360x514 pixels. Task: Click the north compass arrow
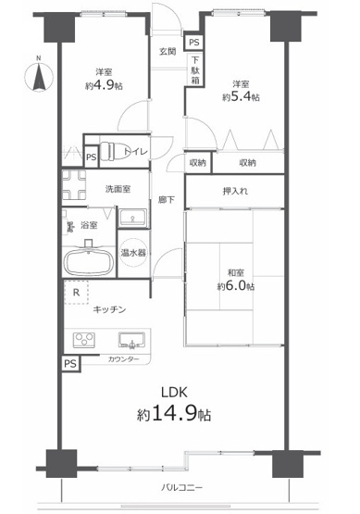point(37,76)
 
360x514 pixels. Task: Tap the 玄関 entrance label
point(168,52)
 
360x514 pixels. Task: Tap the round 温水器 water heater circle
point(132,251)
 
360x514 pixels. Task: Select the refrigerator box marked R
point(76,292)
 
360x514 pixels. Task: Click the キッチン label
point(109,309)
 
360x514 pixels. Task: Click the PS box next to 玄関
point(193,43)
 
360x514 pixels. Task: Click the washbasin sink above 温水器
point(132,218)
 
